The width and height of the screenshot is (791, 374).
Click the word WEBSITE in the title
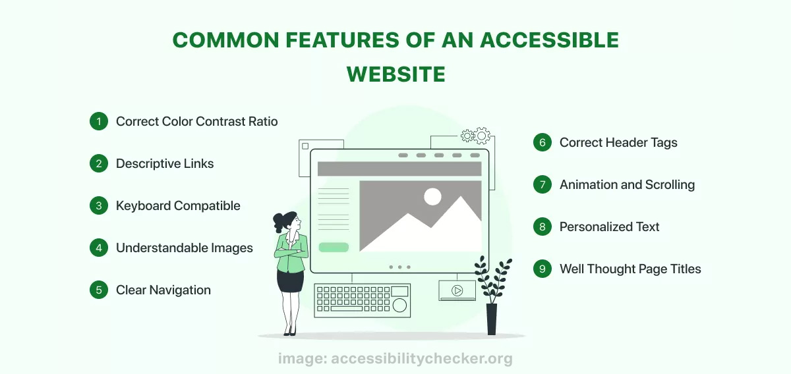(x=396, y=74)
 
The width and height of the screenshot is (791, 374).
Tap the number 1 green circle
(x=99, y=121)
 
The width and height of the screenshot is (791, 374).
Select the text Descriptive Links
(x=165, y=164)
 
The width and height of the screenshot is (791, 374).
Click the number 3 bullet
(x=99, y=205)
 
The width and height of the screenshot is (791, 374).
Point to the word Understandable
(x=161, y=248)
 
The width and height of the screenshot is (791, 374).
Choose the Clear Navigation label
(x=163, y=290)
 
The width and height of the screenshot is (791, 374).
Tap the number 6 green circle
(x=542, y=142)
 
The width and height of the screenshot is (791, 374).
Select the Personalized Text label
(x=610, y=227)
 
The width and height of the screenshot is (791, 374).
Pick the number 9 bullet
(x=542, y=269)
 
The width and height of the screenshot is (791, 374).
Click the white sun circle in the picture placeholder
(x=432, y=196)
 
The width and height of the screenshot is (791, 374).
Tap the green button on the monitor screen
(x=334, y=248)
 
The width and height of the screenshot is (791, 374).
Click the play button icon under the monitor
(x=457, y=290)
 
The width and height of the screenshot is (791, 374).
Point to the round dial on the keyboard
(x=399, y=306)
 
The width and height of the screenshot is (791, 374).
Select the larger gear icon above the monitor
(x=482, y=136)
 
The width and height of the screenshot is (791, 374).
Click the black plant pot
(x=492, y=319)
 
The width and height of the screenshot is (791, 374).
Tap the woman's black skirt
(x=290, y=282)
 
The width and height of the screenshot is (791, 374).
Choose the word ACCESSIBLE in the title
(x=549, y=40)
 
